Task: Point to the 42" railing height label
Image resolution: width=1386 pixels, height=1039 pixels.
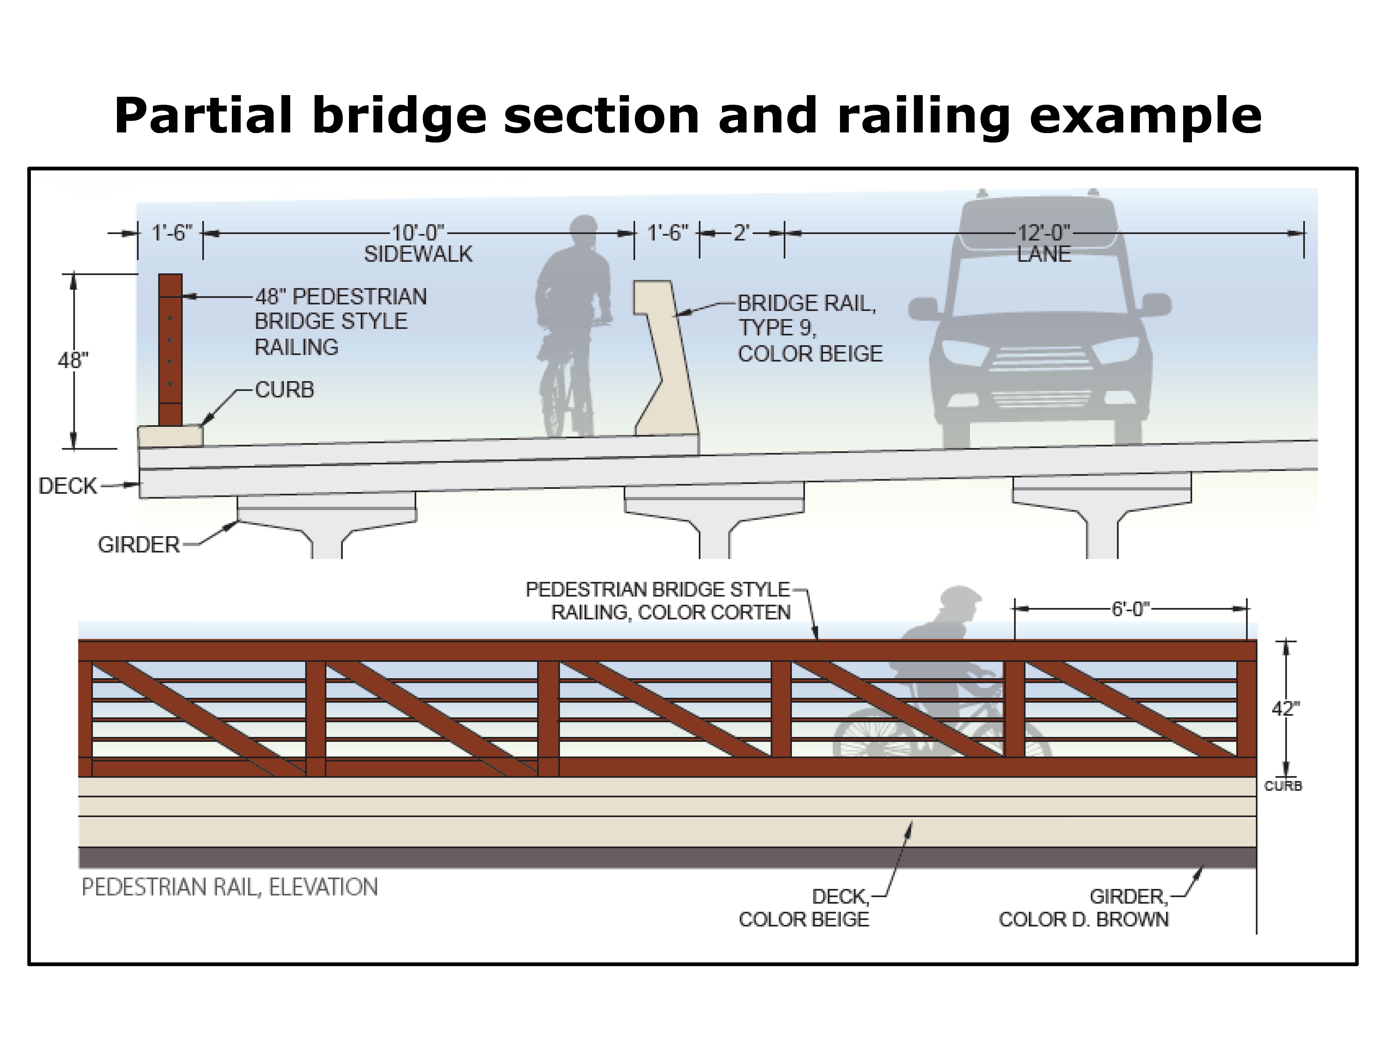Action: tap(1285, 709)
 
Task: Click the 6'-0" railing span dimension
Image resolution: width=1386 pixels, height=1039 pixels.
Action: tap(1130, 609)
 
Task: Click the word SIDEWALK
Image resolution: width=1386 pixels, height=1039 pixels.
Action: tap(418, 254)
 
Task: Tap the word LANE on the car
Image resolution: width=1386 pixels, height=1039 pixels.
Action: tap(1043, 254)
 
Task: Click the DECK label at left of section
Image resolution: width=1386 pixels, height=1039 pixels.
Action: tap(68, 486)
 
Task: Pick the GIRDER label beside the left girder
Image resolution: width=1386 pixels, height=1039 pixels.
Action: tap(138, 545)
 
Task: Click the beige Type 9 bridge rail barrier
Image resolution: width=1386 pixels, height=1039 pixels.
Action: tap(667, 376)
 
